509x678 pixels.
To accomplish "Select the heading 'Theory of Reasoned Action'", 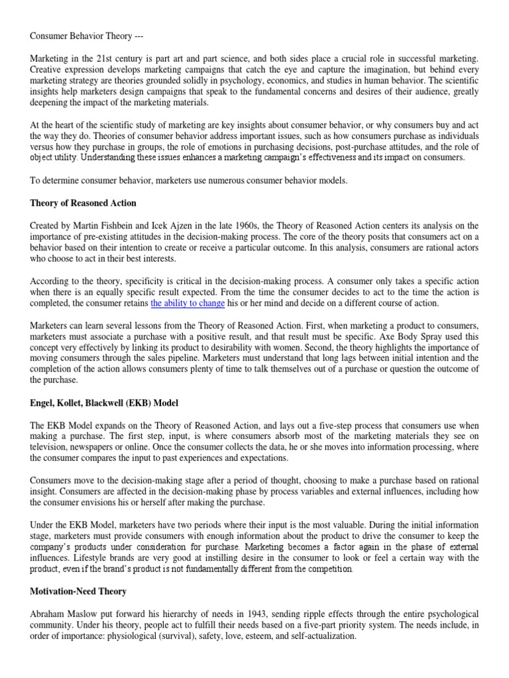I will (x=83, y=203).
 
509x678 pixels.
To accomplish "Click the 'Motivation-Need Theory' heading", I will (x=78, y=591).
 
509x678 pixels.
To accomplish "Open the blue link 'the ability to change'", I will (x=188, y=303).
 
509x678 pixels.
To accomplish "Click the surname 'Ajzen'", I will (x=172, y=226).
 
